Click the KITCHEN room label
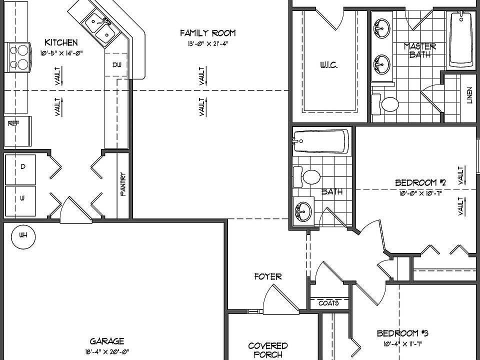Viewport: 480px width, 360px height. [61, 42]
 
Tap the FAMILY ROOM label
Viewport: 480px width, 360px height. [207, 33]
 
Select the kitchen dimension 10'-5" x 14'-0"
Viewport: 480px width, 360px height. [61, 52]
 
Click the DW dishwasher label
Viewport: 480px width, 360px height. [116, 65]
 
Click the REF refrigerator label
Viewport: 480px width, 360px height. [13, 123]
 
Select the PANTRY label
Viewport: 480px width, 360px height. [123, 184]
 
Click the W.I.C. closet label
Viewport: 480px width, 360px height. [330, 65]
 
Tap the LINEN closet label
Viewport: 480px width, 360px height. [469, 96]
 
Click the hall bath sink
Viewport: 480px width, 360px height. [302, 211]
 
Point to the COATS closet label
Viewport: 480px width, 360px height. [328, 303]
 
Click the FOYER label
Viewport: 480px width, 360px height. [267, 276]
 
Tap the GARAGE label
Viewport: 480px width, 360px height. [107, 341]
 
